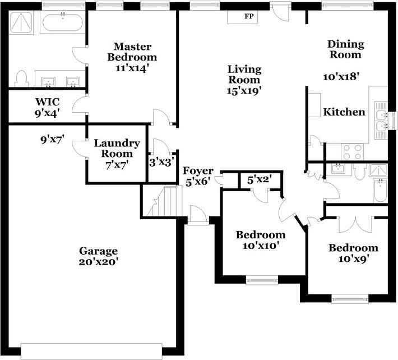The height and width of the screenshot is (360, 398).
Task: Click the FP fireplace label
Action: pos(249,16)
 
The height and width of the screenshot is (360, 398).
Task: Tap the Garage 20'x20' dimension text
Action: pos(99,262)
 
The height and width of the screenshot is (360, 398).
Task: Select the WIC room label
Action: pos(48,102)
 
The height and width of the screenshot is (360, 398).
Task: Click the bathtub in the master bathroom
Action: pos(62,22)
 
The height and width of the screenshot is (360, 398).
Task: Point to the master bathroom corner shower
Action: pos(21,22)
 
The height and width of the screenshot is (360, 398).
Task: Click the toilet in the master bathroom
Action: pos(21,79)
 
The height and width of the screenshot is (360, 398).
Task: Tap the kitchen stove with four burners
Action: pos(353,152)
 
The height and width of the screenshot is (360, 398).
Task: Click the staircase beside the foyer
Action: pos(164,201)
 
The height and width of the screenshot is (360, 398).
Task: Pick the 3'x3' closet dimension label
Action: pos(161,162)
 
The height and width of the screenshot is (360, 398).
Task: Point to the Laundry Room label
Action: pos(117,148)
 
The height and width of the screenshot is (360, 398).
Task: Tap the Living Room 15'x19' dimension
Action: pos(244,91)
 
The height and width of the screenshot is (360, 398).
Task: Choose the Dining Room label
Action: pos(345,49)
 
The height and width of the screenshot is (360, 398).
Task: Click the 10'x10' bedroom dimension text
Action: pos(261,246)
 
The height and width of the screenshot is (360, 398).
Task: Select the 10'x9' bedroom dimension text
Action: pos(353,259)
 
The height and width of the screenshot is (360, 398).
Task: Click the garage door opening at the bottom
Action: pos(91,351)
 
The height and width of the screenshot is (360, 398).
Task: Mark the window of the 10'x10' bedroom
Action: pos(262,280)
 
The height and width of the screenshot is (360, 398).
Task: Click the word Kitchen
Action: pos(344,112)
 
